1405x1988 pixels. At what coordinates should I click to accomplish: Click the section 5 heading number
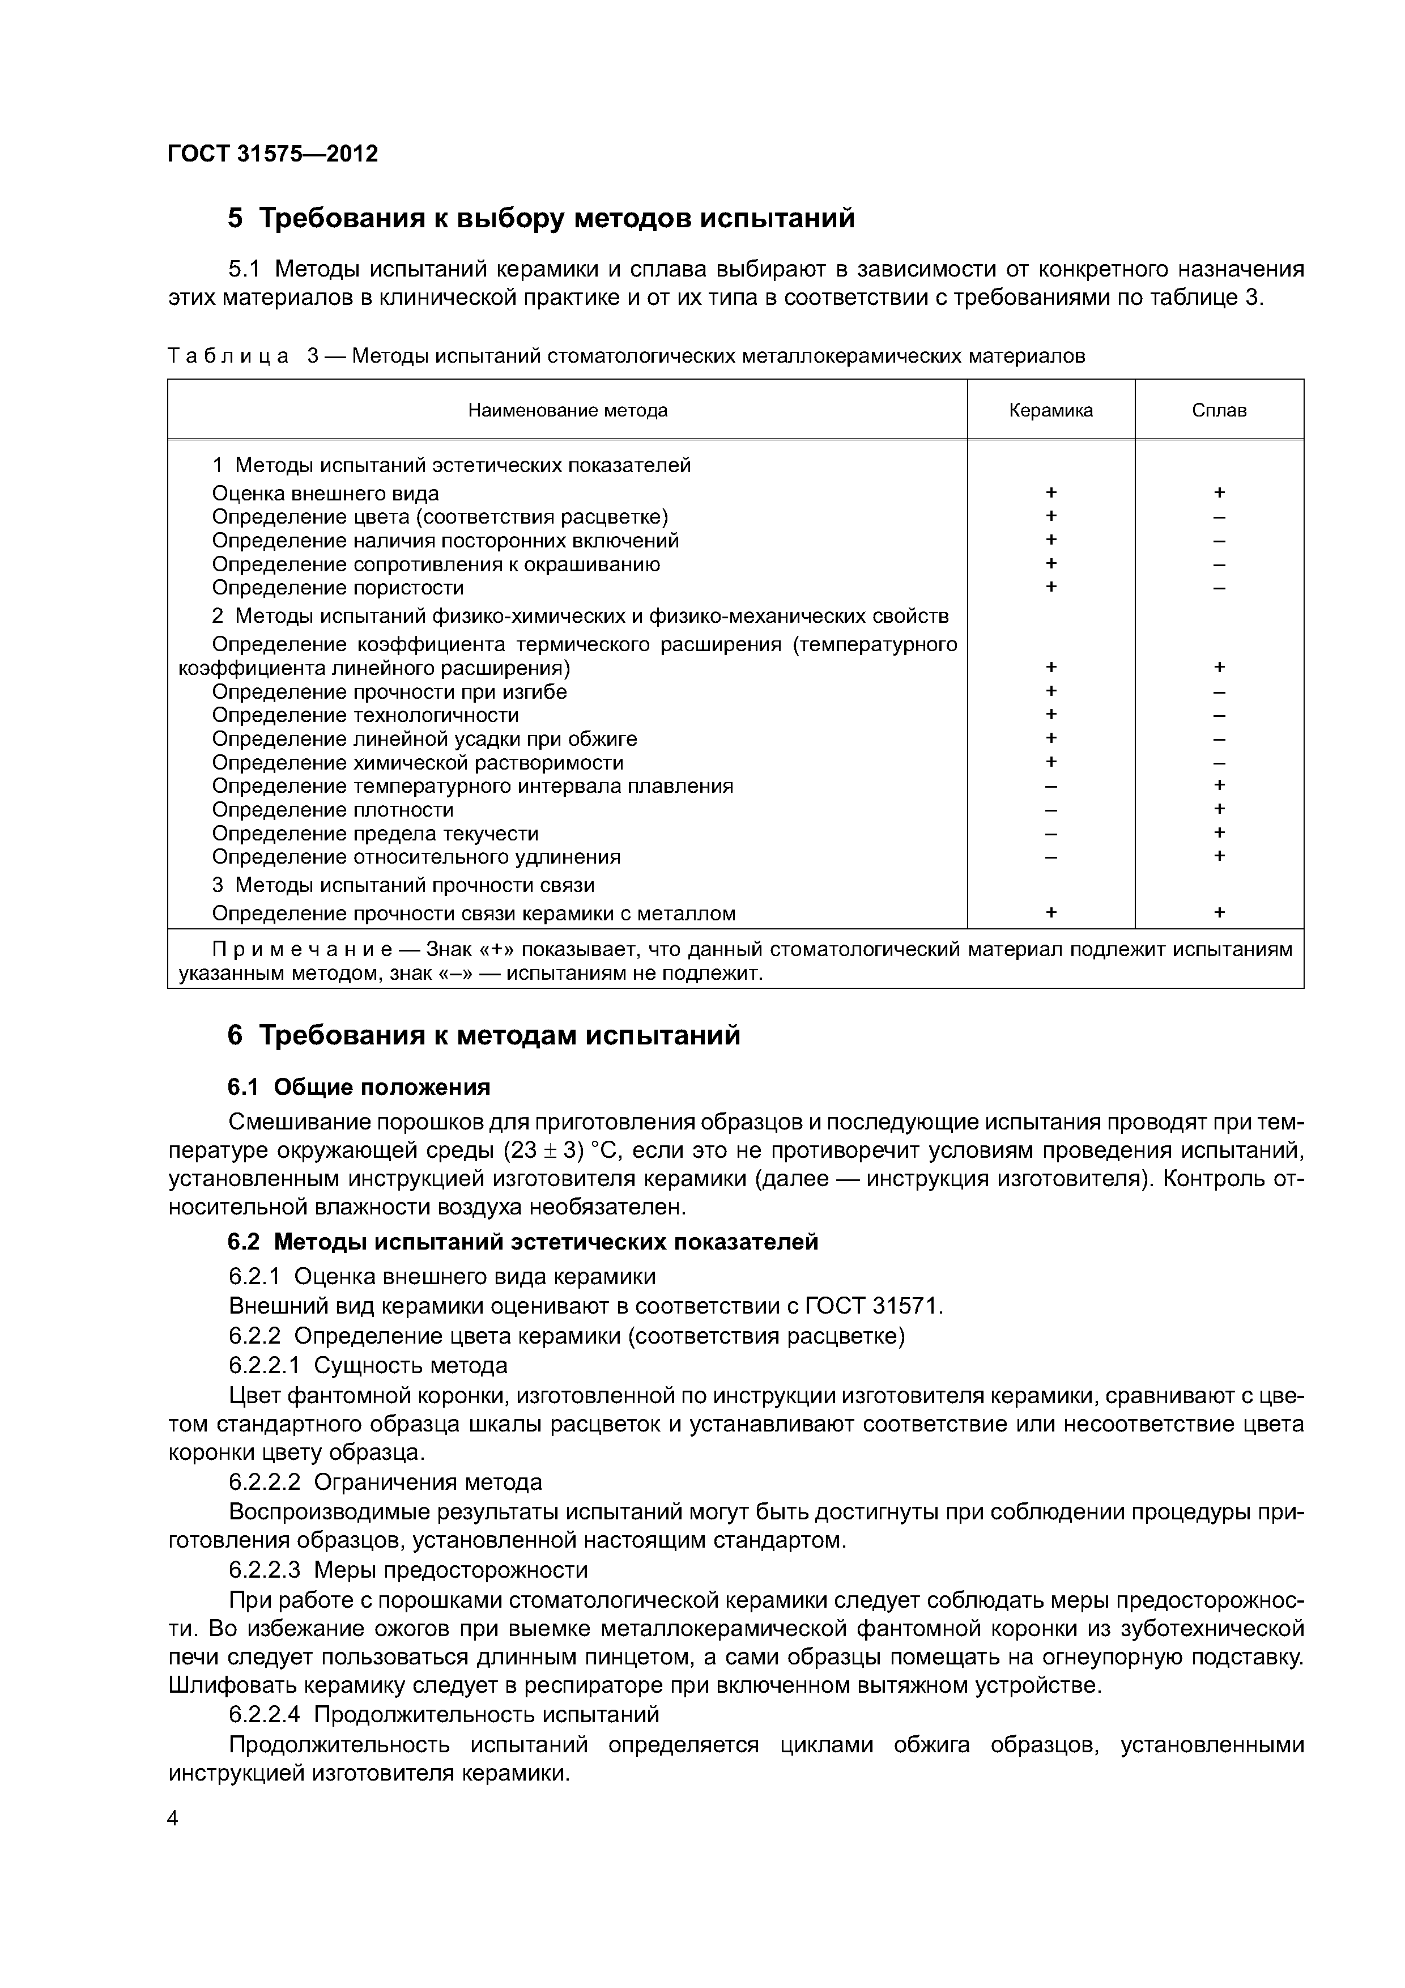point(236,218)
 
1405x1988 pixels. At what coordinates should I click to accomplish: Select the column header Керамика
point(1050,410)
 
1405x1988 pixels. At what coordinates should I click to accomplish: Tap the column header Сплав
point(1218,410)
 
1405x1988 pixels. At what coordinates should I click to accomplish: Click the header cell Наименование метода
point(567,410)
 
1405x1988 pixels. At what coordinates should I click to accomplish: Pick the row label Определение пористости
point(338,588)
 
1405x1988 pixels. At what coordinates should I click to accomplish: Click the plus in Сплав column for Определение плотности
point(1219,809)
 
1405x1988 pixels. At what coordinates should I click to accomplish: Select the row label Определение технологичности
point(365,715)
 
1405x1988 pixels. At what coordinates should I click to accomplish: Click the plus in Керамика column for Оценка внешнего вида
point(1050,492)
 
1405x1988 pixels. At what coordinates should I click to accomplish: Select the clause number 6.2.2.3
point(264,1570)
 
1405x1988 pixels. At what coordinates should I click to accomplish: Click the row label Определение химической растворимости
point(418,763)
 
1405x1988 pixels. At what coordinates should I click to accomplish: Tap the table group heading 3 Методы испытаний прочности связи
point(403,885)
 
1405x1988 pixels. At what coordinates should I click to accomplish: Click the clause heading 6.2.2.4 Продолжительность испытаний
point(443,1714)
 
